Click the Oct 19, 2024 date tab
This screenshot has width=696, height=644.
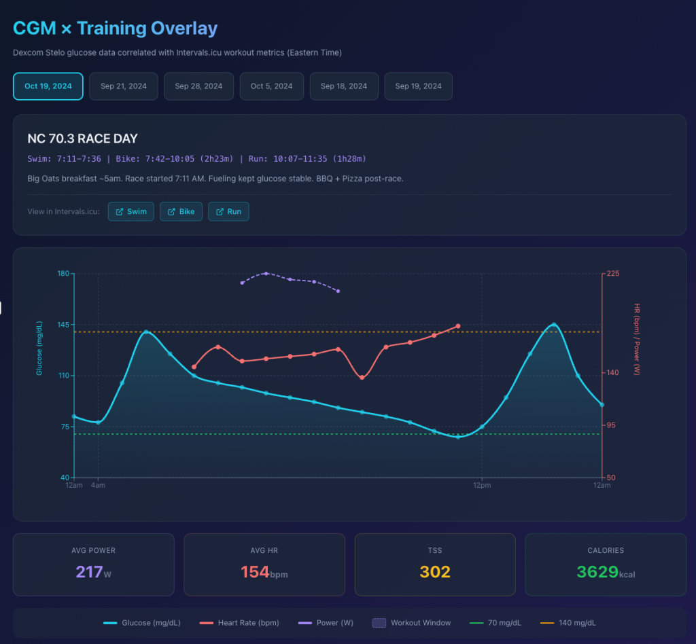[x=48, y=86]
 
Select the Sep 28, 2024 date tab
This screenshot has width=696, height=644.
[x=198, y=86]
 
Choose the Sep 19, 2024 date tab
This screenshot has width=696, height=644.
[x=418, y=86]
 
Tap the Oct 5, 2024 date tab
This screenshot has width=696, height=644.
[x=271, y=86]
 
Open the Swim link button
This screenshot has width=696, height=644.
[x=131, y=211]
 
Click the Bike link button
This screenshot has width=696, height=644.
[x=181, y=211]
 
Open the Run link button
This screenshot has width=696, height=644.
[x=228, y=211]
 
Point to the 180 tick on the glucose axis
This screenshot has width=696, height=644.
[x=65, y=274]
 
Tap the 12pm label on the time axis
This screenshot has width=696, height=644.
[x=482, y=485]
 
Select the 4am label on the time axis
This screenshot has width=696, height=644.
[x=99, y=485]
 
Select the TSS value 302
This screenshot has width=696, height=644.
[x=435, y=572]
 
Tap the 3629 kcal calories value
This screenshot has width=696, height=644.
[x=605, y=572]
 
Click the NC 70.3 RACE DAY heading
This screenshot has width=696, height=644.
[x=82, y=139]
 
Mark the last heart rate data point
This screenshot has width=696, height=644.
[x=458, y=326]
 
